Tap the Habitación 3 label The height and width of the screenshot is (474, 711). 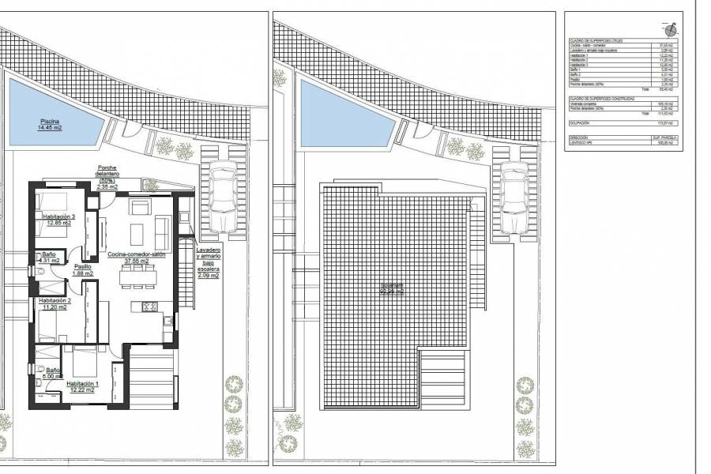58,220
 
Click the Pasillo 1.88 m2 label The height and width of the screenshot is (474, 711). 83,270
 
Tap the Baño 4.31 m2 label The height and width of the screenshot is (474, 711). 50,256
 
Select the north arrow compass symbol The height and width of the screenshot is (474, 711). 671,30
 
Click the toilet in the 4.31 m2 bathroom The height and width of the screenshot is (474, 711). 39,270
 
